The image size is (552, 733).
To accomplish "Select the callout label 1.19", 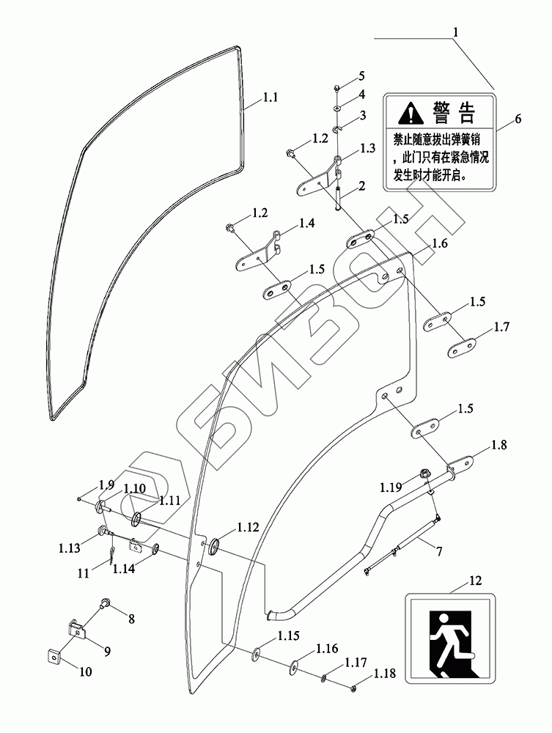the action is tap(391, 486).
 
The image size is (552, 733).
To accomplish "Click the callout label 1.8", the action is tap(498, 444).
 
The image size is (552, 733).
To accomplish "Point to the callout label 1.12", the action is tap(248, 527).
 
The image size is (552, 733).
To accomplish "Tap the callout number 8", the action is tap(132, 619).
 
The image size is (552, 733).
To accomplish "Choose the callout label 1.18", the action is tap(386, 673).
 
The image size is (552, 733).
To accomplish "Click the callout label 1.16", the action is tap(327, 648).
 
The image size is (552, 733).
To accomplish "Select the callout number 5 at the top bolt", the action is tap(361, 76).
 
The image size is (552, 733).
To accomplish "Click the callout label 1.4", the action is tap(307, 224).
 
